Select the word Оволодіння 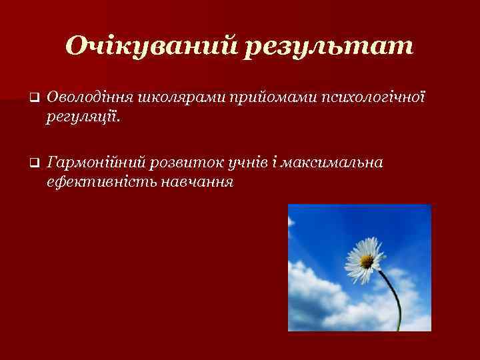[x=91, y=98]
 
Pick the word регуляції [x=84, y=118]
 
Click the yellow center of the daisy [x=366, y=260]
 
